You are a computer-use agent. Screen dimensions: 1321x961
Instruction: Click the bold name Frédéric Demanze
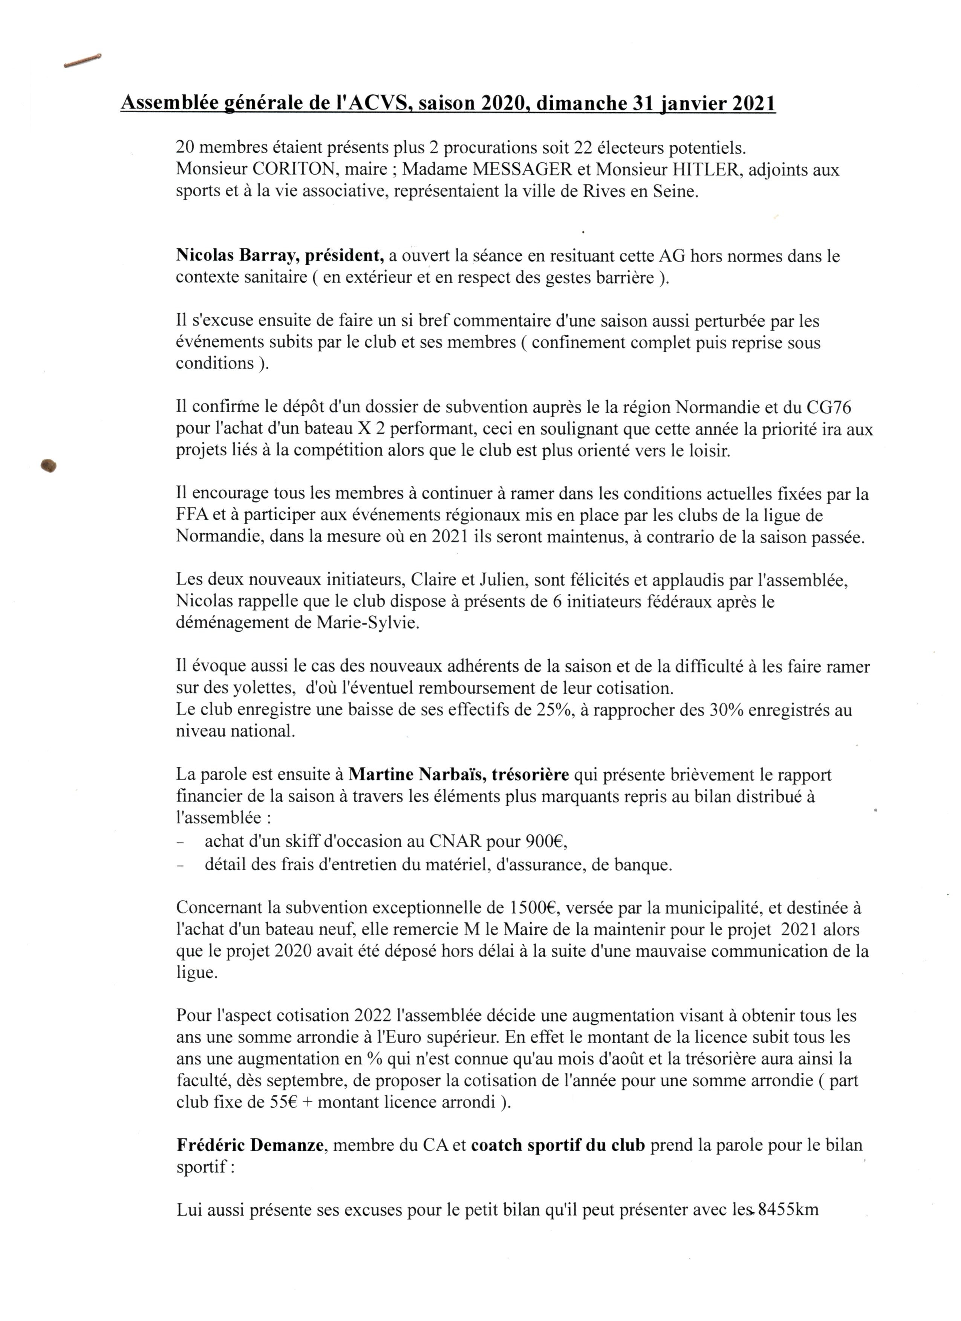pyautogui.click(x=250, y=1145)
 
